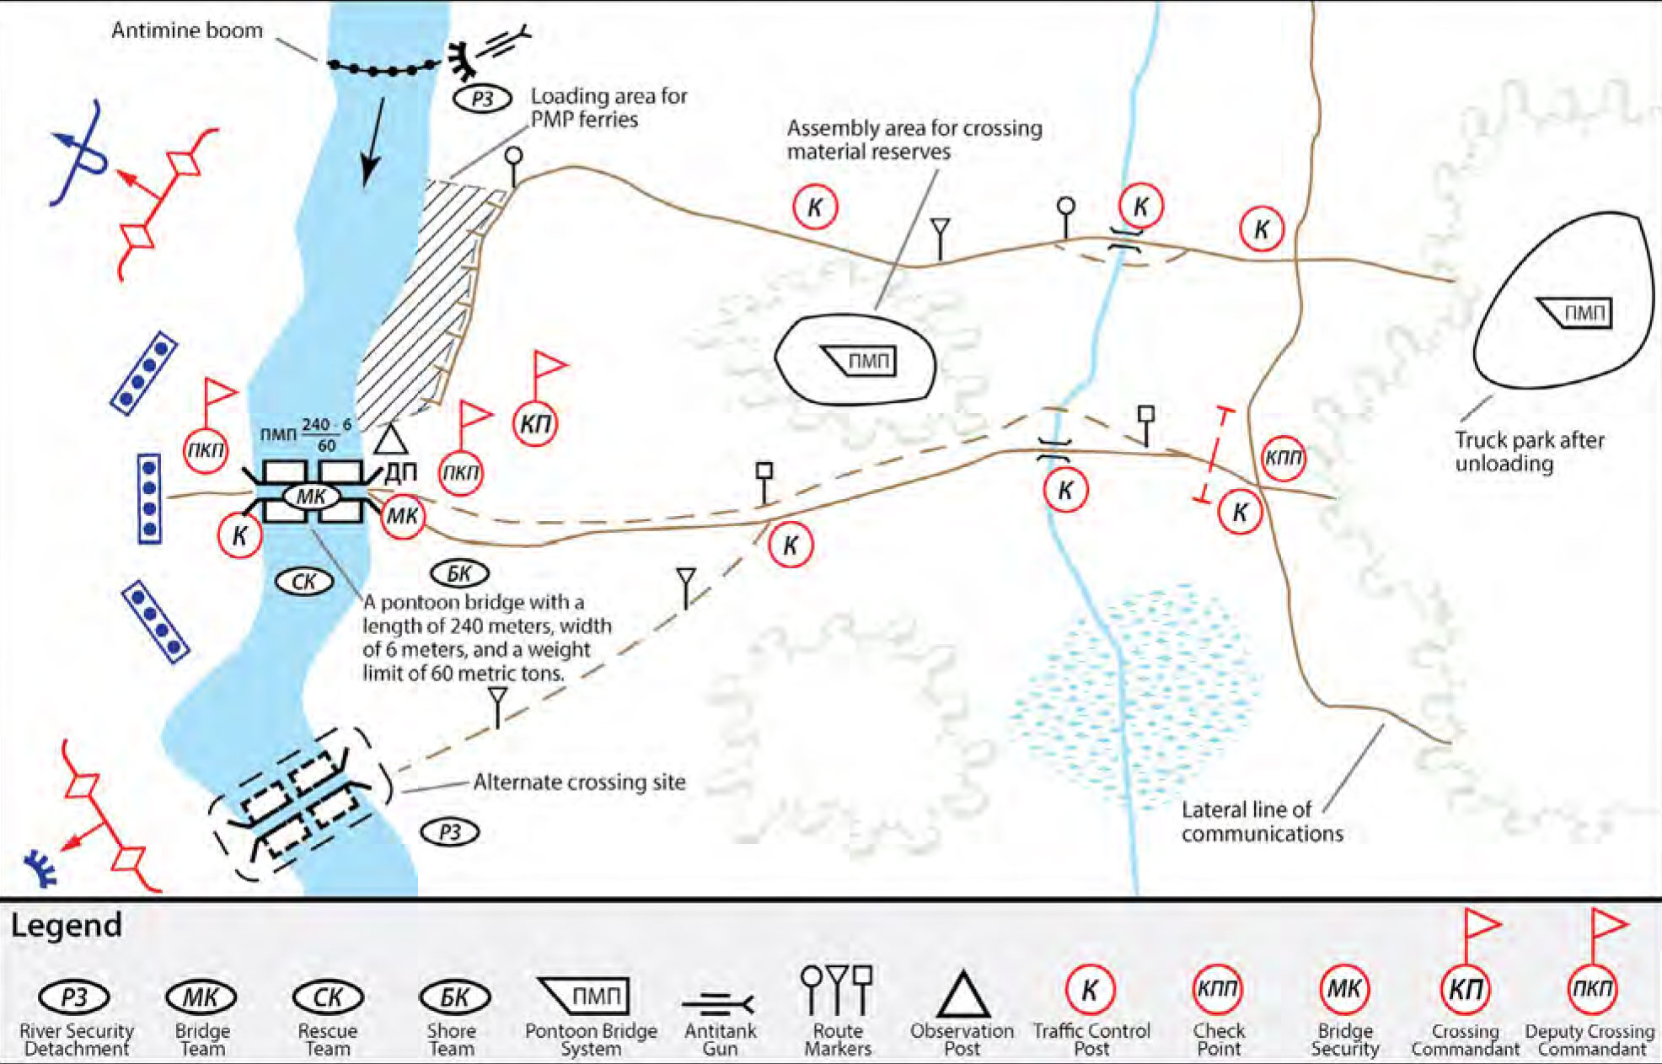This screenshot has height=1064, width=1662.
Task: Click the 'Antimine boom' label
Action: click(187, 31)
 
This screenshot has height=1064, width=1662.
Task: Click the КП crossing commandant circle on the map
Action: click(535, 423)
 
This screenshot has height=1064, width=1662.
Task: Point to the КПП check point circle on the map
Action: click(1283, 458)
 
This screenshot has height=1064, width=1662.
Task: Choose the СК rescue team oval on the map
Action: click(304, 581)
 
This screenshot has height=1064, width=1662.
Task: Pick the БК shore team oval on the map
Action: click(459, 574)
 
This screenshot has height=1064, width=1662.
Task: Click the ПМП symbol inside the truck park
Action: click(1575, 314)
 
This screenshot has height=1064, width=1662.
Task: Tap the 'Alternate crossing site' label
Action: click(579, 782)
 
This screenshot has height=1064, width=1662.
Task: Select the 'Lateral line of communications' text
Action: click(1262, 821)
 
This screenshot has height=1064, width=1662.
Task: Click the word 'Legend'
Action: click(67, 926)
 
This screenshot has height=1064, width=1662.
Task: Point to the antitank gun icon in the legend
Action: click(718, 1002)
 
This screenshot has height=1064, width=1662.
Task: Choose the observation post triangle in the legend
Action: click(962, 996)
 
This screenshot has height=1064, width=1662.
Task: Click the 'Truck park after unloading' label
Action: click(1529, 452)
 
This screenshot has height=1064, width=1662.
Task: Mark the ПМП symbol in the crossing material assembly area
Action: click(860, 362)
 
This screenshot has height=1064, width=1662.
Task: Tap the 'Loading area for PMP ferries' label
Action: click(609, 108)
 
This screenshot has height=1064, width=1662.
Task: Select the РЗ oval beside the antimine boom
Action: click(482, 99)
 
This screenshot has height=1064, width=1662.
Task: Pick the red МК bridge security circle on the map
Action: click(402, 516)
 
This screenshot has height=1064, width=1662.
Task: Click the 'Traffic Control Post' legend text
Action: click(1091, 1040)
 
